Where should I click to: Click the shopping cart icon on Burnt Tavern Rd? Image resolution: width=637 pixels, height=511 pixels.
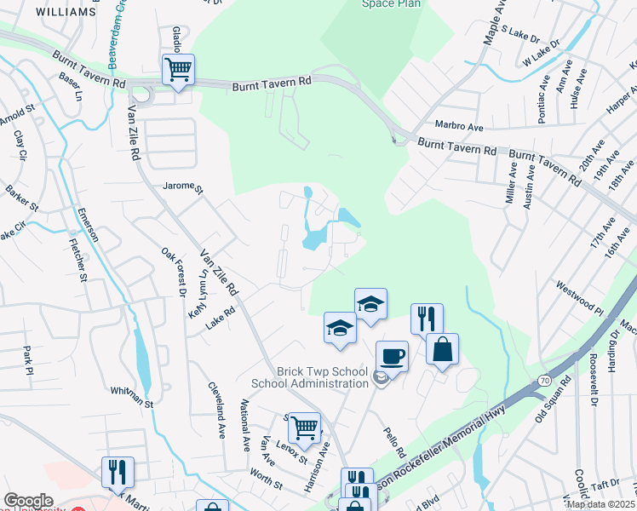point(178,70)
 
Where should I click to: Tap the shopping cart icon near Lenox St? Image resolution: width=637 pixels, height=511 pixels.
point(304,427)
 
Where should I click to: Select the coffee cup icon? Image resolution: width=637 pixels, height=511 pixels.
point(391,356)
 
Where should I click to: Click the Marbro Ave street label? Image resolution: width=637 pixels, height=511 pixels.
point(458,127)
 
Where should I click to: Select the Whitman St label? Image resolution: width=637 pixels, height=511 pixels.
point(130,391)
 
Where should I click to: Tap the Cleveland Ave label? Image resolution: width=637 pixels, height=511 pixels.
point(216,410)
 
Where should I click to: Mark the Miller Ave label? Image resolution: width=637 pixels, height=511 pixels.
point(512,181)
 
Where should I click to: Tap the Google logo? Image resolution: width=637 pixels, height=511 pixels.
point(28,501)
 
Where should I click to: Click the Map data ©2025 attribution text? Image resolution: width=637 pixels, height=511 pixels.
point(600,504)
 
